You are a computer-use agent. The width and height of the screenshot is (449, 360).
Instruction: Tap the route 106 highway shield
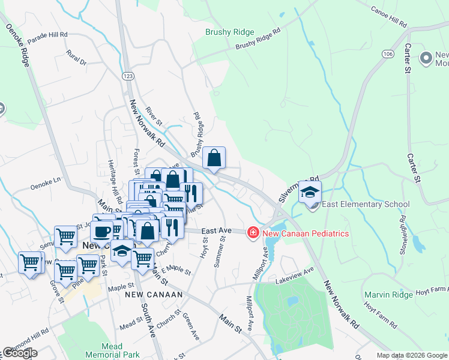(x=386, y=54)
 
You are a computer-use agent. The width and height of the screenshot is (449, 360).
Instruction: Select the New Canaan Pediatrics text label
(x=305, y=233)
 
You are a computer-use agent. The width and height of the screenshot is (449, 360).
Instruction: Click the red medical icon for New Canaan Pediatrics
(x=253, y=233)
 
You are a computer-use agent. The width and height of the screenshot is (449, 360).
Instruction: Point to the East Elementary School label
(x=366, y=205)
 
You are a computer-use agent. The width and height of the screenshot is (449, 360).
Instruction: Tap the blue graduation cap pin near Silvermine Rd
(x=310, y=193)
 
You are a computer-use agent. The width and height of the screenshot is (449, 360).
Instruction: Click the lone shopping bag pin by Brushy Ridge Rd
(x=214, y=159)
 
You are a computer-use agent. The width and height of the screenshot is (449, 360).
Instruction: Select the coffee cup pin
(x=102, y=230)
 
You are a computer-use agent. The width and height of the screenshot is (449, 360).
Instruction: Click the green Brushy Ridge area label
(x=230, y=32)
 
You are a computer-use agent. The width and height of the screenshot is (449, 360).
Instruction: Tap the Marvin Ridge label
(x=388, y=295)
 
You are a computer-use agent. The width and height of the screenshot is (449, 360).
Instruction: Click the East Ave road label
(x=216, y=230)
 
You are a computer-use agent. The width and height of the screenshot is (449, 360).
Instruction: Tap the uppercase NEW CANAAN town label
(x=149, y=295)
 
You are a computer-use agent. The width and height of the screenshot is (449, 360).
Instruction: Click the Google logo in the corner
(x=19, y=353)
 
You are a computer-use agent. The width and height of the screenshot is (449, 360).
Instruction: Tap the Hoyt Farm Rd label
(x=380, y=315)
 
